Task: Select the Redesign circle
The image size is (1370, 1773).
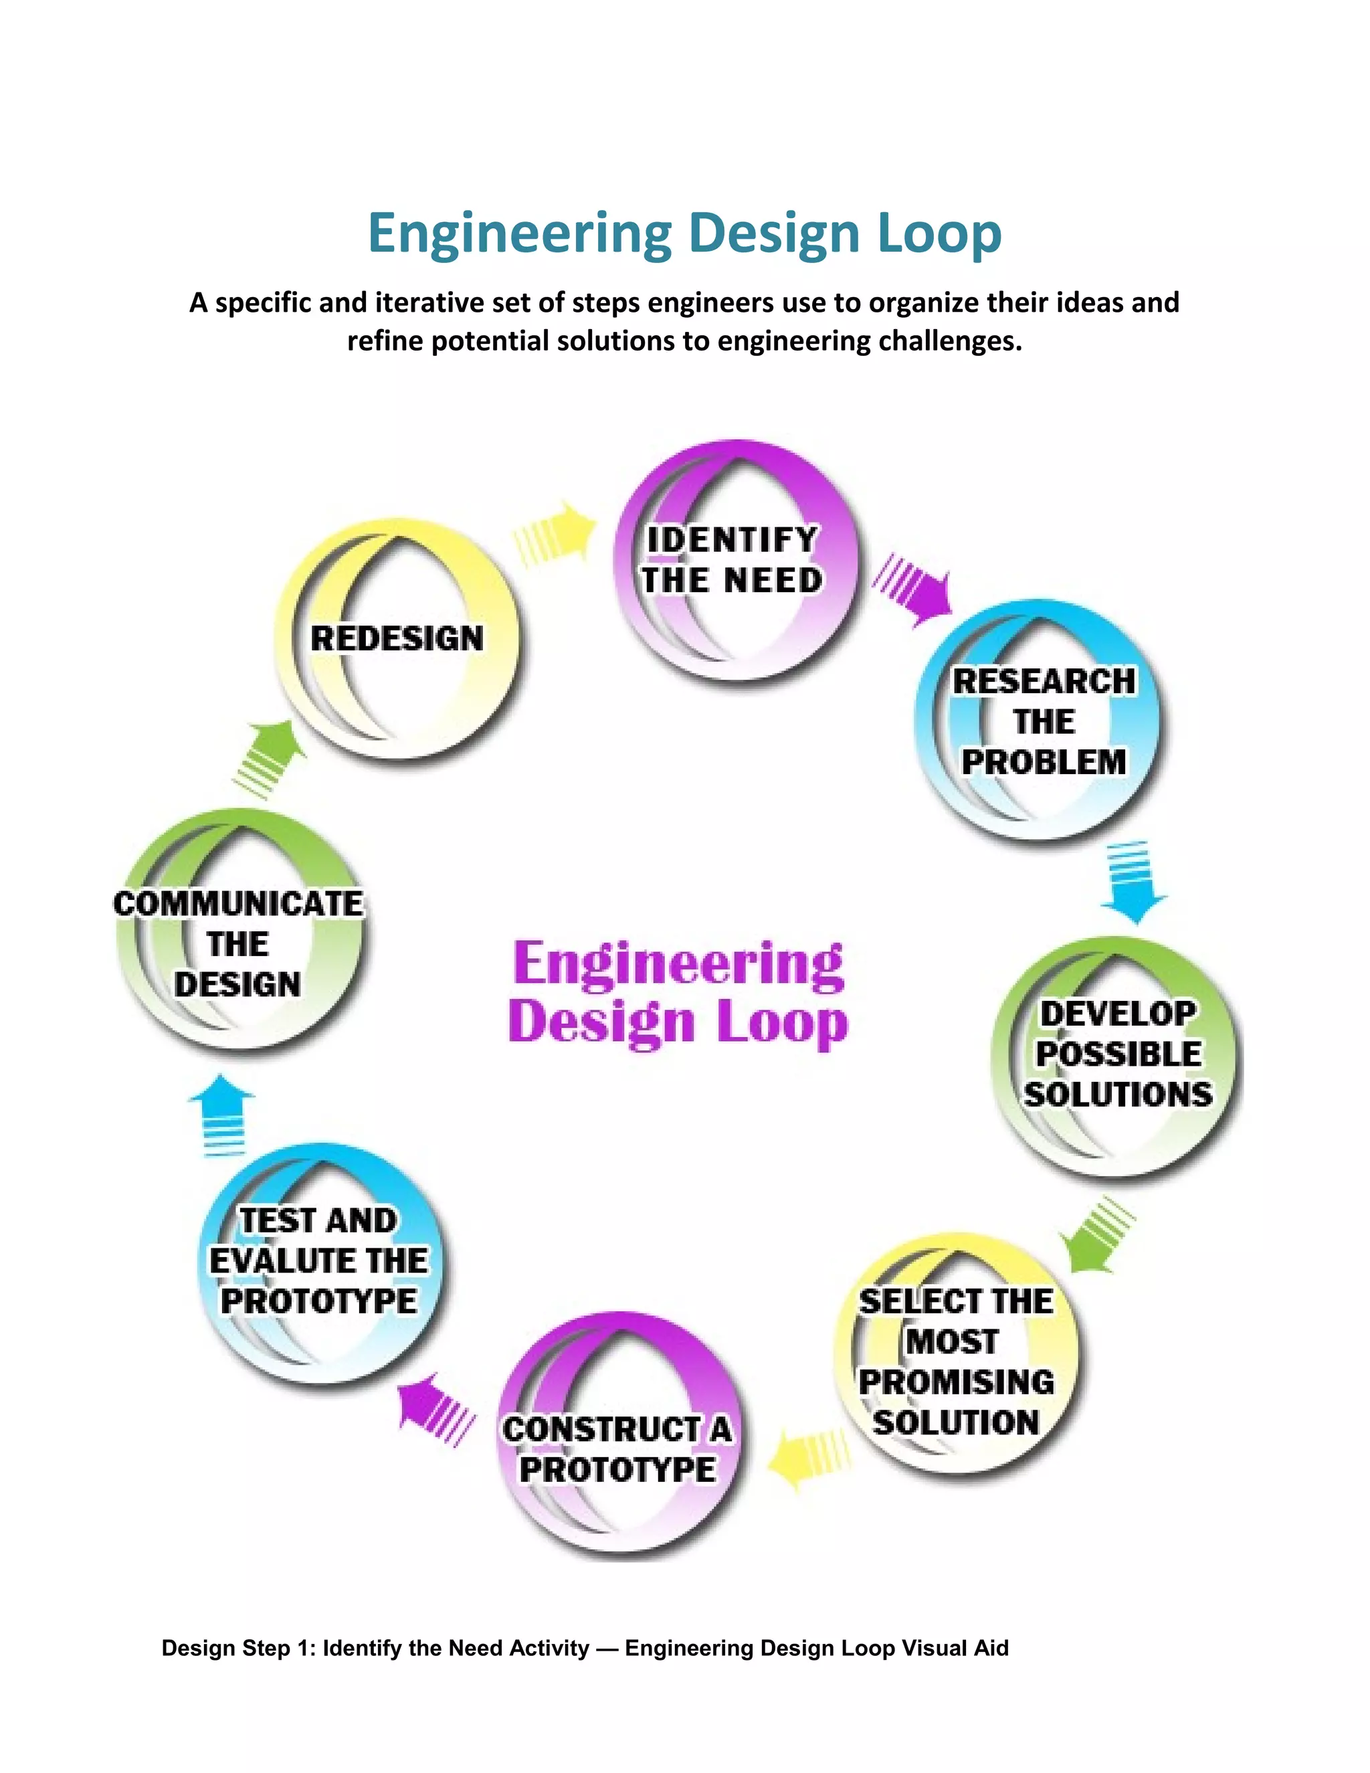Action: click(x=398, y=639)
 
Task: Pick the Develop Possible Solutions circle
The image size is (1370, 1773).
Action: click(x=1118, y=1054)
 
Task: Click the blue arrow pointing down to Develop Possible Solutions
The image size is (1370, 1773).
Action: click(x=1133, y=882)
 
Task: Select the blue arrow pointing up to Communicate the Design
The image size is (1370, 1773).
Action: click(x=221, y=1115)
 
